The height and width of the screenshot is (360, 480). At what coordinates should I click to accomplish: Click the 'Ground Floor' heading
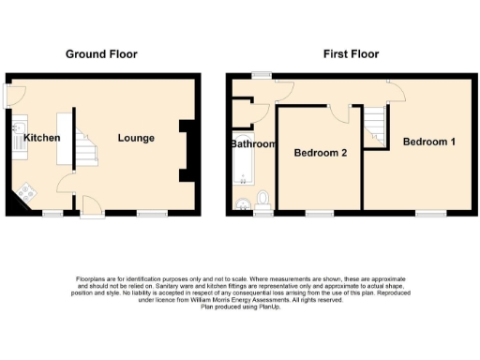[101, 54]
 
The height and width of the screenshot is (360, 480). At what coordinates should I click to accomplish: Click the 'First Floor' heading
[351, 54]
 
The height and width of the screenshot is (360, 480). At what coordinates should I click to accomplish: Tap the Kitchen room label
[42, 139]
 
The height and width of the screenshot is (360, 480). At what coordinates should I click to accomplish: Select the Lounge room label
[136, 139]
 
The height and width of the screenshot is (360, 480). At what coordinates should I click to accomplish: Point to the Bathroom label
[253, 144]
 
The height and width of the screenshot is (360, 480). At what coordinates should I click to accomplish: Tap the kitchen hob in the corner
[24, 195]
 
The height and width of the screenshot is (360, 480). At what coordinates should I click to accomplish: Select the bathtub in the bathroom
[241, 172]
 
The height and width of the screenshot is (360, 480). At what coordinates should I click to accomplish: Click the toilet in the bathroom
[262, 199]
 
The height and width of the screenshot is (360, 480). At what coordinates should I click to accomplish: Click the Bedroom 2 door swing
[340, 112]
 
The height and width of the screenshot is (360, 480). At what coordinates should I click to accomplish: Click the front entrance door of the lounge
[91, 207]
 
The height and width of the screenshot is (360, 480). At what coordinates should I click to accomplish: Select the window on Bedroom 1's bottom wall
[431, 215]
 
